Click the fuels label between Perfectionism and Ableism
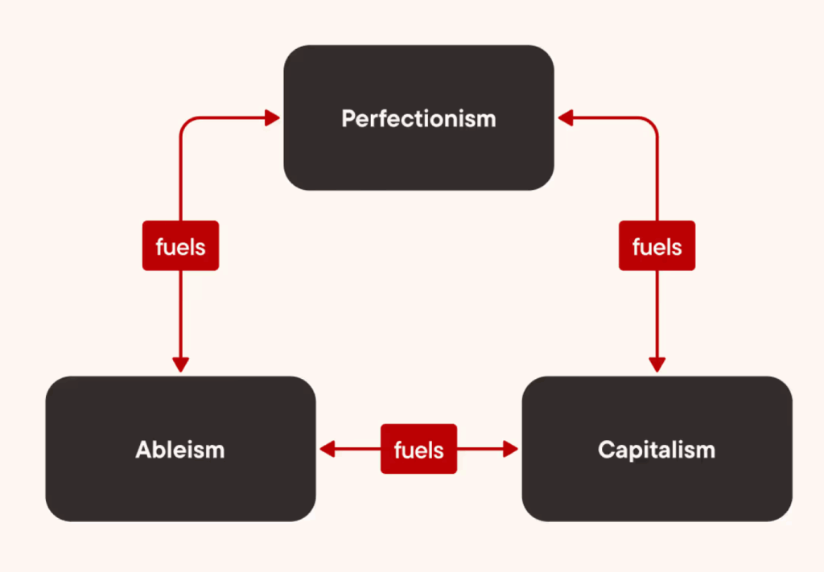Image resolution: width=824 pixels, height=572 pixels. pyautogui.click(x=180, y=246)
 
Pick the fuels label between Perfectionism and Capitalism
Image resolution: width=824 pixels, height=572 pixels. pyautogui.click(x=657, y=246)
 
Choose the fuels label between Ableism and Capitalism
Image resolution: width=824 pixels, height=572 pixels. pyautogui.click(x=418, y=449)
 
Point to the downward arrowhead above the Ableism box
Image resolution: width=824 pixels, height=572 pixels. pyautogui.click(x=180, y=364)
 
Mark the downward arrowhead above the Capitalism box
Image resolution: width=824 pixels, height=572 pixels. pyautogui.click(x=657, y=364)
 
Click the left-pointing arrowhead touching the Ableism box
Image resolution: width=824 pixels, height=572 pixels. pyautogui.click(x=327, y=449)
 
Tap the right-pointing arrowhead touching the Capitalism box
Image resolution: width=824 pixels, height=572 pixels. pyautogui.click(x=511, y=449)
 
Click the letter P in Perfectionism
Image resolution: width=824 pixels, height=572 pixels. pyautogui.click(x=348, y=119)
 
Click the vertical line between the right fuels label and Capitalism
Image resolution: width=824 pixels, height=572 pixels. pyautogui.click(x=657, y=314)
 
